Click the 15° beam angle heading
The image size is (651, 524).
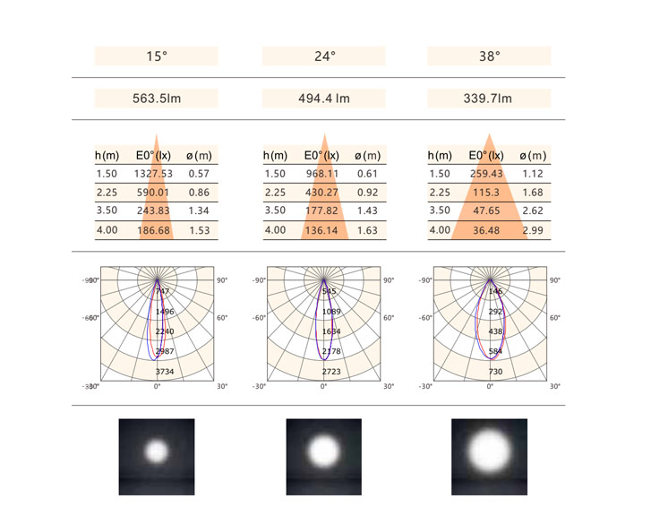point(157,56)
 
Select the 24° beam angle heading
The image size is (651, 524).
point(323,56)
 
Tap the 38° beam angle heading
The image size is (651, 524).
point(490,56)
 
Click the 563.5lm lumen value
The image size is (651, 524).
point(157,99)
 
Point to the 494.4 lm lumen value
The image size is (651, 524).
point(323,99)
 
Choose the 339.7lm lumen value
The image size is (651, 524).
point(490,99)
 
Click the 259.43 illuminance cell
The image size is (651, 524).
point(486,174)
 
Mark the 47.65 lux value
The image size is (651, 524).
point(486,210)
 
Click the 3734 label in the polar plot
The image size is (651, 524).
point(164,371)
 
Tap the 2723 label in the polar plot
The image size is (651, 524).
point(330,371)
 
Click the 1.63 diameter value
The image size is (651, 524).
point(367,230)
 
